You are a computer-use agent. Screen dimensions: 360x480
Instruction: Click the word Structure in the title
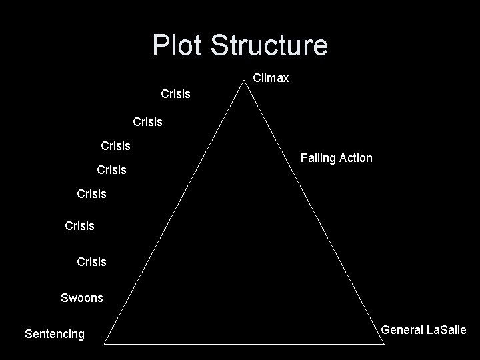tap(269, 45)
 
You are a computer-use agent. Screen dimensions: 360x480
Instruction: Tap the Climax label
tap(271, 79)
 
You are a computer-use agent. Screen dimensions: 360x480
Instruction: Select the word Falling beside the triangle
tap(319, 158)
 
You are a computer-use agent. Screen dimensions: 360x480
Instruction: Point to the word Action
tap(357, 158)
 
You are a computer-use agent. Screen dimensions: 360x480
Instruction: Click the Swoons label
tap(82, 298)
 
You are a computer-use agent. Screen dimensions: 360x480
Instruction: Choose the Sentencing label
tap(55, 334)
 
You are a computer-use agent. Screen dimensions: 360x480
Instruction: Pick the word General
tap(402, 330)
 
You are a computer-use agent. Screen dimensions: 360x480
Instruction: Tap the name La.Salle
tap(446, 330)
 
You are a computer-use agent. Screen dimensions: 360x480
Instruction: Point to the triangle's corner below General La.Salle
tap(385, 343)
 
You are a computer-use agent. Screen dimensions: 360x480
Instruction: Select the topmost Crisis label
tap(175, 94)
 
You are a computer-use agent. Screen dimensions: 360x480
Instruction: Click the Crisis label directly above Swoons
tap(91, 262)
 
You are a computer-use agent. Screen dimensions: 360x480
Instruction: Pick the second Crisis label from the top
tap(147, 122)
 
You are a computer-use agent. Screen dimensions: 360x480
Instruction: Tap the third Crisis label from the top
tap(115, 145)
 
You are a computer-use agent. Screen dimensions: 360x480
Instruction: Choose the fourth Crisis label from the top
tap(111, 170)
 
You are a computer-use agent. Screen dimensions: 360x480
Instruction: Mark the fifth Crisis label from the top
tap(91, 194)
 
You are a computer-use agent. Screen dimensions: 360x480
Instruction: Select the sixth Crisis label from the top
tap(79, 226)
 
